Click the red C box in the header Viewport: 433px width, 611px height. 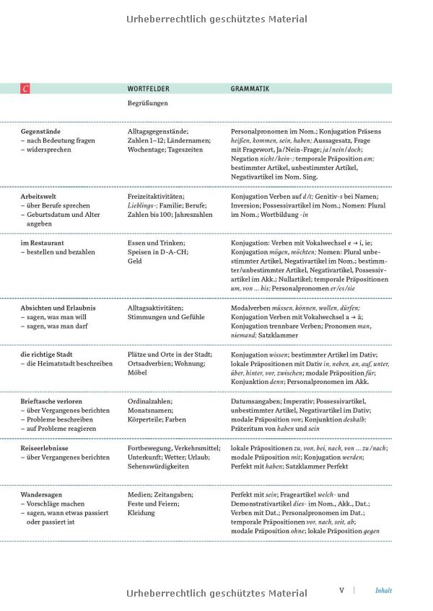coord(25,89)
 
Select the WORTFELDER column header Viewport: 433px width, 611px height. coord(148,89)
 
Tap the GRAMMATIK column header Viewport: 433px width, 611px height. coord(250,89)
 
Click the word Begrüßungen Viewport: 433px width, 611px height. coord(147,103)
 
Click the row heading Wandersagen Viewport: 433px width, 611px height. coord(41,495)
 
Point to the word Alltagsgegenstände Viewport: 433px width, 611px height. coord(158,132)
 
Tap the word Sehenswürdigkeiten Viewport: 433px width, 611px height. coord(158,466)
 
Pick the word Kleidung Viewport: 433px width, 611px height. coord(141,513)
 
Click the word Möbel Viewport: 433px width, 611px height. coord(138,373)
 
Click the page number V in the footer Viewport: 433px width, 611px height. coord(342,590)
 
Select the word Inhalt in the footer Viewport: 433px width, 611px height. coord(383,591)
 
